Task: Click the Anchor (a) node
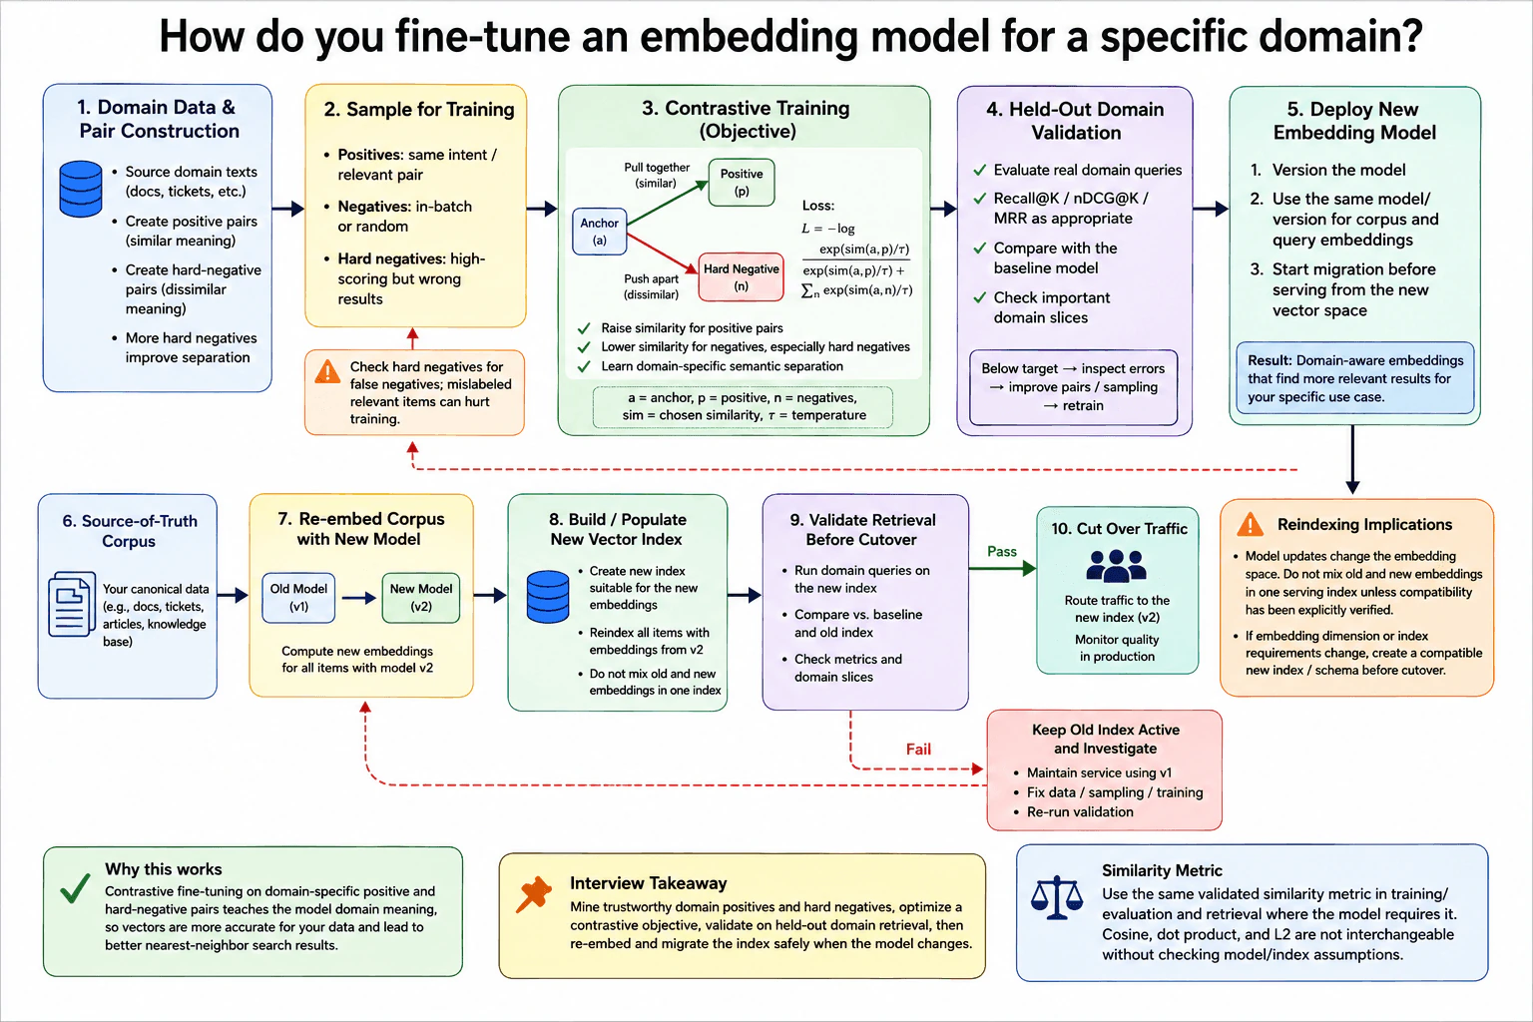600,232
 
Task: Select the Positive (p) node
742,183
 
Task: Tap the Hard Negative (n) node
742,277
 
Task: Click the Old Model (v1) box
298,598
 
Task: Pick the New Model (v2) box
421,598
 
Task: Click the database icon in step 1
81,189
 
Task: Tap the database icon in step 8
548,596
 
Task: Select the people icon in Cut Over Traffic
1116,566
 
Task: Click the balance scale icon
1057,896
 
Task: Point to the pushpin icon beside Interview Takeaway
533,894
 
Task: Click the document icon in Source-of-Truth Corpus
72,604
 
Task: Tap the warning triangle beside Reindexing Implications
1251,524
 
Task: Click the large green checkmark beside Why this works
75,887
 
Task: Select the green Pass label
1002,551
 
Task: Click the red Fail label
918,749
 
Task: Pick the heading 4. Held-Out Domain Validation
1075,121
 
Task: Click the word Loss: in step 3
817,206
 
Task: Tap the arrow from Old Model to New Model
358,598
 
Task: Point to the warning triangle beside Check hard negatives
327,371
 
